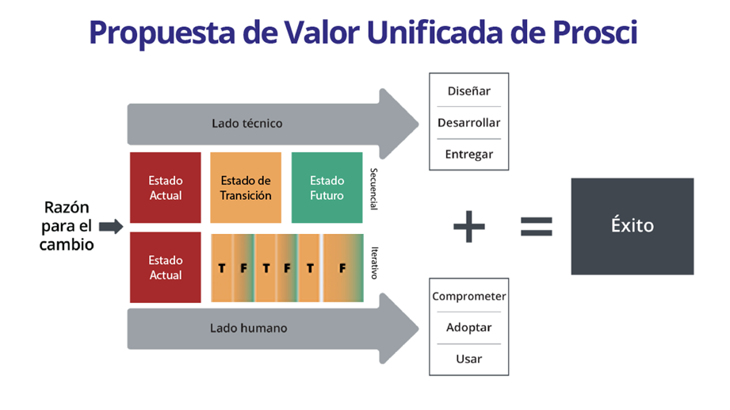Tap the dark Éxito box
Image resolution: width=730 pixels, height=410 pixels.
point(632,226)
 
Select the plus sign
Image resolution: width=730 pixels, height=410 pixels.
point(468,228)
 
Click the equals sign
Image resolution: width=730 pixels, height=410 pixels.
point(537,228)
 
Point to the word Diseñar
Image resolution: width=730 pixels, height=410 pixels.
point(468,90)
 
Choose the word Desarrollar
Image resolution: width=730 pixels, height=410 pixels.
point(468,123)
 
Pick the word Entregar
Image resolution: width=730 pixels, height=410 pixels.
point(468,155)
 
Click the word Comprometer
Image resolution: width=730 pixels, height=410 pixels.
point(468,296)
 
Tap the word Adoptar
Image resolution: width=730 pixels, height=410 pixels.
point(468,328)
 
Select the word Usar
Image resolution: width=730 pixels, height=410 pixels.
point(468,359)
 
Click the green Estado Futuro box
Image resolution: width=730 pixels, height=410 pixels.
point(327,188)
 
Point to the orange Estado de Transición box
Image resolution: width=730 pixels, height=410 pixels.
point(246,188)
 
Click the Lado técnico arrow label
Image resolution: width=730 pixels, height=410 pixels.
point(247,124)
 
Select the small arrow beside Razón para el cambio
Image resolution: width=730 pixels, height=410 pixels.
point(112,227)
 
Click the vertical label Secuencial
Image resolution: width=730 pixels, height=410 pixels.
point(373,189)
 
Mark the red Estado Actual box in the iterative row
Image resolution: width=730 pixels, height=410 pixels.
point(165,267)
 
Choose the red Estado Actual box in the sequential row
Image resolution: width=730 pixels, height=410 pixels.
point(165,188)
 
